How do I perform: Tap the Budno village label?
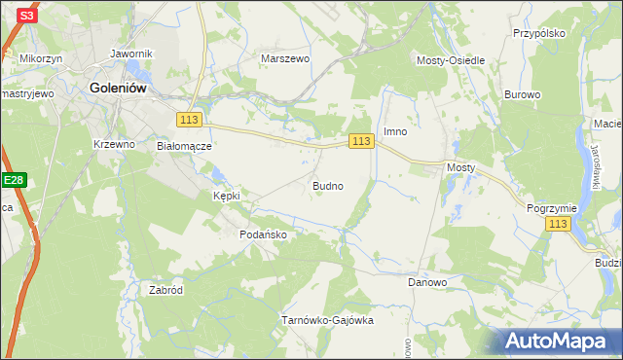click(x=326, y=185)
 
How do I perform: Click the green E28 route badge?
click(x=13, y=180)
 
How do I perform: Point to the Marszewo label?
click(x=284, y=58)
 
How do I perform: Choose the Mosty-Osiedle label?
click(x=452, y=60)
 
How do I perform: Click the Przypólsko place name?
click(x=539, y=32)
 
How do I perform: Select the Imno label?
click(x=394, y=131)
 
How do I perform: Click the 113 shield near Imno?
click(x=361, y=141)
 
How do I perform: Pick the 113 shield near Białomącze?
click(x=190, y=119)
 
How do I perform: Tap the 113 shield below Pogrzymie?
click(x=557, y=224)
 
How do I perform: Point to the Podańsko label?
click(x=262, y=234)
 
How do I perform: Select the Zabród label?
click(x=166, y=290)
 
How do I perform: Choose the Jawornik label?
click(x=132, y=54)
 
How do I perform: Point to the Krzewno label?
click(x=114, y=143)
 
